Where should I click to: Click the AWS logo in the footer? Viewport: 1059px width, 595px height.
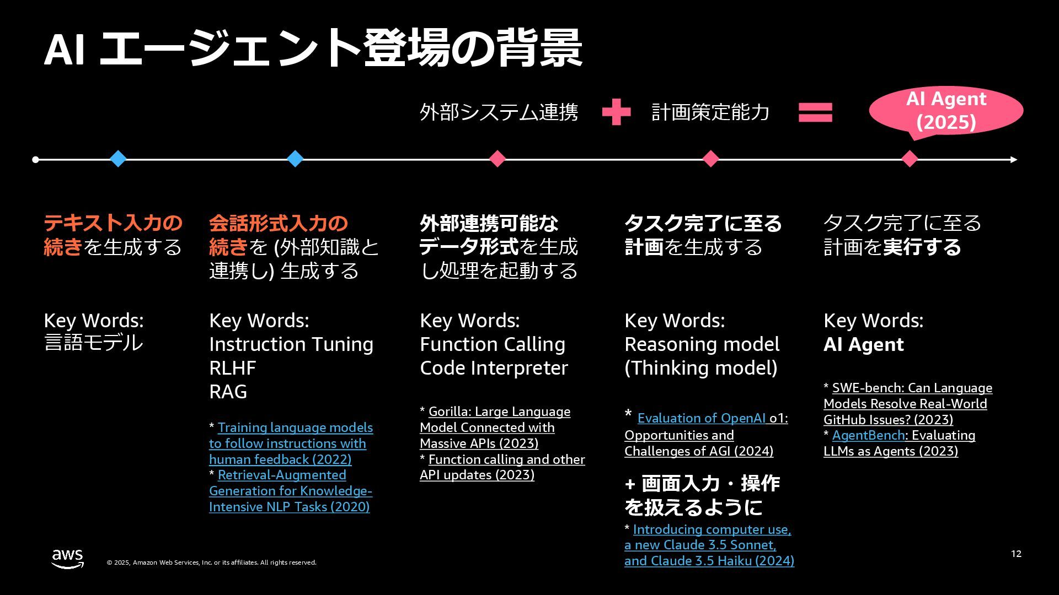[x=67, y=558]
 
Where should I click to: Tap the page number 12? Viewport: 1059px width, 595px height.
[x=1016, y=554]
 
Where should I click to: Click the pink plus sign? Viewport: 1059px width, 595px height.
[x=616, y=112]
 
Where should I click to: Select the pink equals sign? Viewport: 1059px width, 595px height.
[x=815, y=112]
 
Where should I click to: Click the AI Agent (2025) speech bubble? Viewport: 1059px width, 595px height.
[x=946, y=110]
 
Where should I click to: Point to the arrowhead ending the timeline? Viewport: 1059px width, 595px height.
[x=1013, y=160]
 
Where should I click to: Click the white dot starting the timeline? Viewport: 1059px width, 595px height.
[x=36, y=160]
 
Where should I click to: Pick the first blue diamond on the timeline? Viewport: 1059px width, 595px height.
[x=118, y=159]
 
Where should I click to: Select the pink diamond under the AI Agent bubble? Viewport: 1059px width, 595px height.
[x=910, y=159]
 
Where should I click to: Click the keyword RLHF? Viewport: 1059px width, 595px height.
[x=232, y=368]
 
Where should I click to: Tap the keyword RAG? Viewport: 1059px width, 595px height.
[x=228, y=392]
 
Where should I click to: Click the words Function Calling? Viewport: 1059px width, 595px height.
[x=493, y=344]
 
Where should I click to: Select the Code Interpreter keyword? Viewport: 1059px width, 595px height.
[x=494, y=368]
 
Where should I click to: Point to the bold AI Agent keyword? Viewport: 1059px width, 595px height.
[x=863, y=345]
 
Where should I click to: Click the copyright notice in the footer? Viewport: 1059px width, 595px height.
[x=211, y=562]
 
